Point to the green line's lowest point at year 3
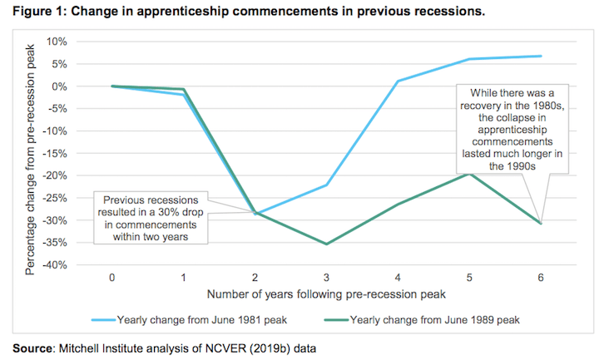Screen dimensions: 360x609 [x=326, y=244]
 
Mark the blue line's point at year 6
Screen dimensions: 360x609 [x=541, y=57]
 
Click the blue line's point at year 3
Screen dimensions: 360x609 [x=326, y=185]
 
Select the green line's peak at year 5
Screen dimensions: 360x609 [x=469, y=174]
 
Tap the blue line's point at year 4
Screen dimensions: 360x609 [x=398, y=81]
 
